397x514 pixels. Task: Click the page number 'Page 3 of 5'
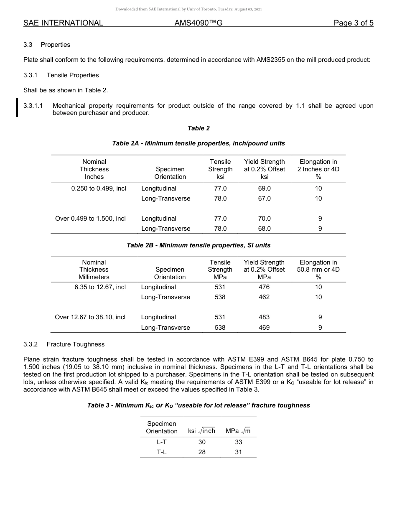click(353, 23)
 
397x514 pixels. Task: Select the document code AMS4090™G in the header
click(198, 23)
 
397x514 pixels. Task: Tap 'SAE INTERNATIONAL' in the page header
click(63, 23)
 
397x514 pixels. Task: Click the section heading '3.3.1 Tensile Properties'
click(61, 75)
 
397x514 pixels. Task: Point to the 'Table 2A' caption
click(198, 143)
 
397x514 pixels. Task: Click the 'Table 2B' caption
click(198, 245)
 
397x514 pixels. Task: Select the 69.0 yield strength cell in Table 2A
click(264, 188)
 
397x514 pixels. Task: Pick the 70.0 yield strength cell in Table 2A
click(264, 219)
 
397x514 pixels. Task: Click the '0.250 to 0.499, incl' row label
click(99, 188)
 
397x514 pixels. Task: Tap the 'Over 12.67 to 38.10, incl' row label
click(90, 317)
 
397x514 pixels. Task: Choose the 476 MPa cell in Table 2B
click(264, 287)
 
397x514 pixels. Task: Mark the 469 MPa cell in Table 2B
click(264, 328)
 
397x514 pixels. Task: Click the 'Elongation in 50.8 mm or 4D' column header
click(318, 270)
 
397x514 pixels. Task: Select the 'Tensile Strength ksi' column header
click(220, 169)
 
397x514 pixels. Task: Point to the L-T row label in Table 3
click(162, 442)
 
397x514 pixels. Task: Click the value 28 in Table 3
click(202, 452)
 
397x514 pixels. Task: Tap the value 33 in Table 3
click(238, 442)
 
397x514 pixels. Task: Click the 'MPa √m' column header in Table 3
click(238, 431)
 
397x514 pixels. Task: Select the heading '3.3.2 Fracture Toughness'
click(64, 344)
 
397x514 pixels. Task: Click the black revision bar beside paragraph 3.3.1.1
click(17, 107)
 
